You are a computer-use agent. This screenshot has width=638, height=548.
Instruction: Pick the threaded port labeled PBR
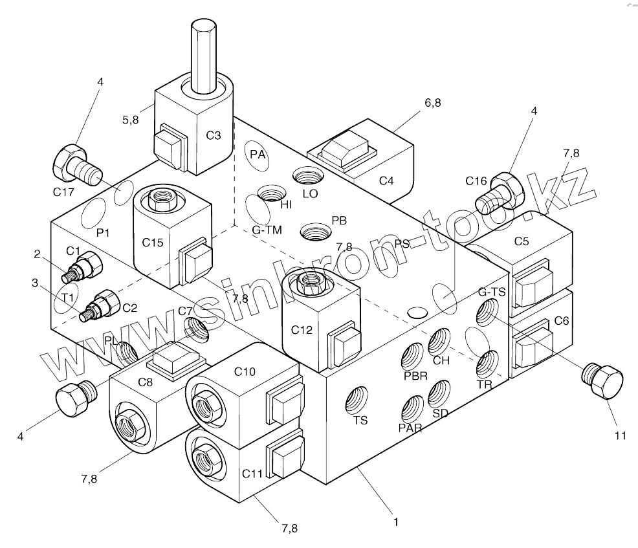click(x=413, y=356)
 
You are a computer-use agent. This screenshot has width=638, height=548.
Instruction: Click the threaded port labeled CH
click(x=440, y=340)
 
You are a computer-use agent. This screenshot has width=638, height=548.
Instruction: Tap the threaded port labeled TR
click(x=487, y=364)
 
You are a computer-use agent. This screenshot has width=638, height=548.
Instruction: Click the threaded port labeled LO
click(x=305, y=175)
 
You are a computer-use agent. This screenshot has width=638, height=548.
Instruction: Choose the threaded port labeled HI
click(x=270, y=193)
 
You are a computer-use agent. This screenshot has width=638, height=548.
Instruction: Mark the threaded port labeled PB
click(x=315, y=230)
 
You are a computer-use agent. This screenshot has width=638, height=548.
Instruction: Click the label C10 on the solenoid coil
click(x=245, y=371)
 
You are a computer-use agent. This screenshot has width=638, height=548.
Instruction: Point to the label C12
click(x=302, y=329)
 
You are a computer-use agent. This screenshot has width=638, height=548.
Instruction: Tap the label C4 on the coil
click(x=386, y=181)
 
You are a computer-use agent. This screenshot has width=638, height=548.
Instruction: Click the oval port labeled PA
click(x=258, y=155)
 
